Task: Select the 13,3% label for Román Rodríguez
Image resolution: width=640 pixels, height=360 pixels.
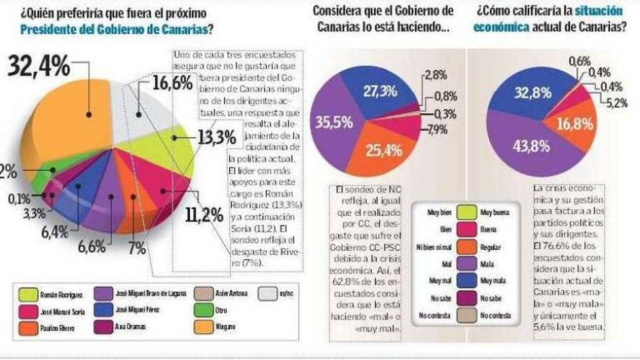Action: pos(216,137)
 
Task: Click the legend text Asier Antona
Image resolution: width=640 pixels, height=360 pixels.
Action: pos(230,294)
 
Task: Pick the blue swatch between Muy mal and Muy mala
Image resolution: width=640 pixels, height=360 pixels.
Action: pos(465,281)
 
